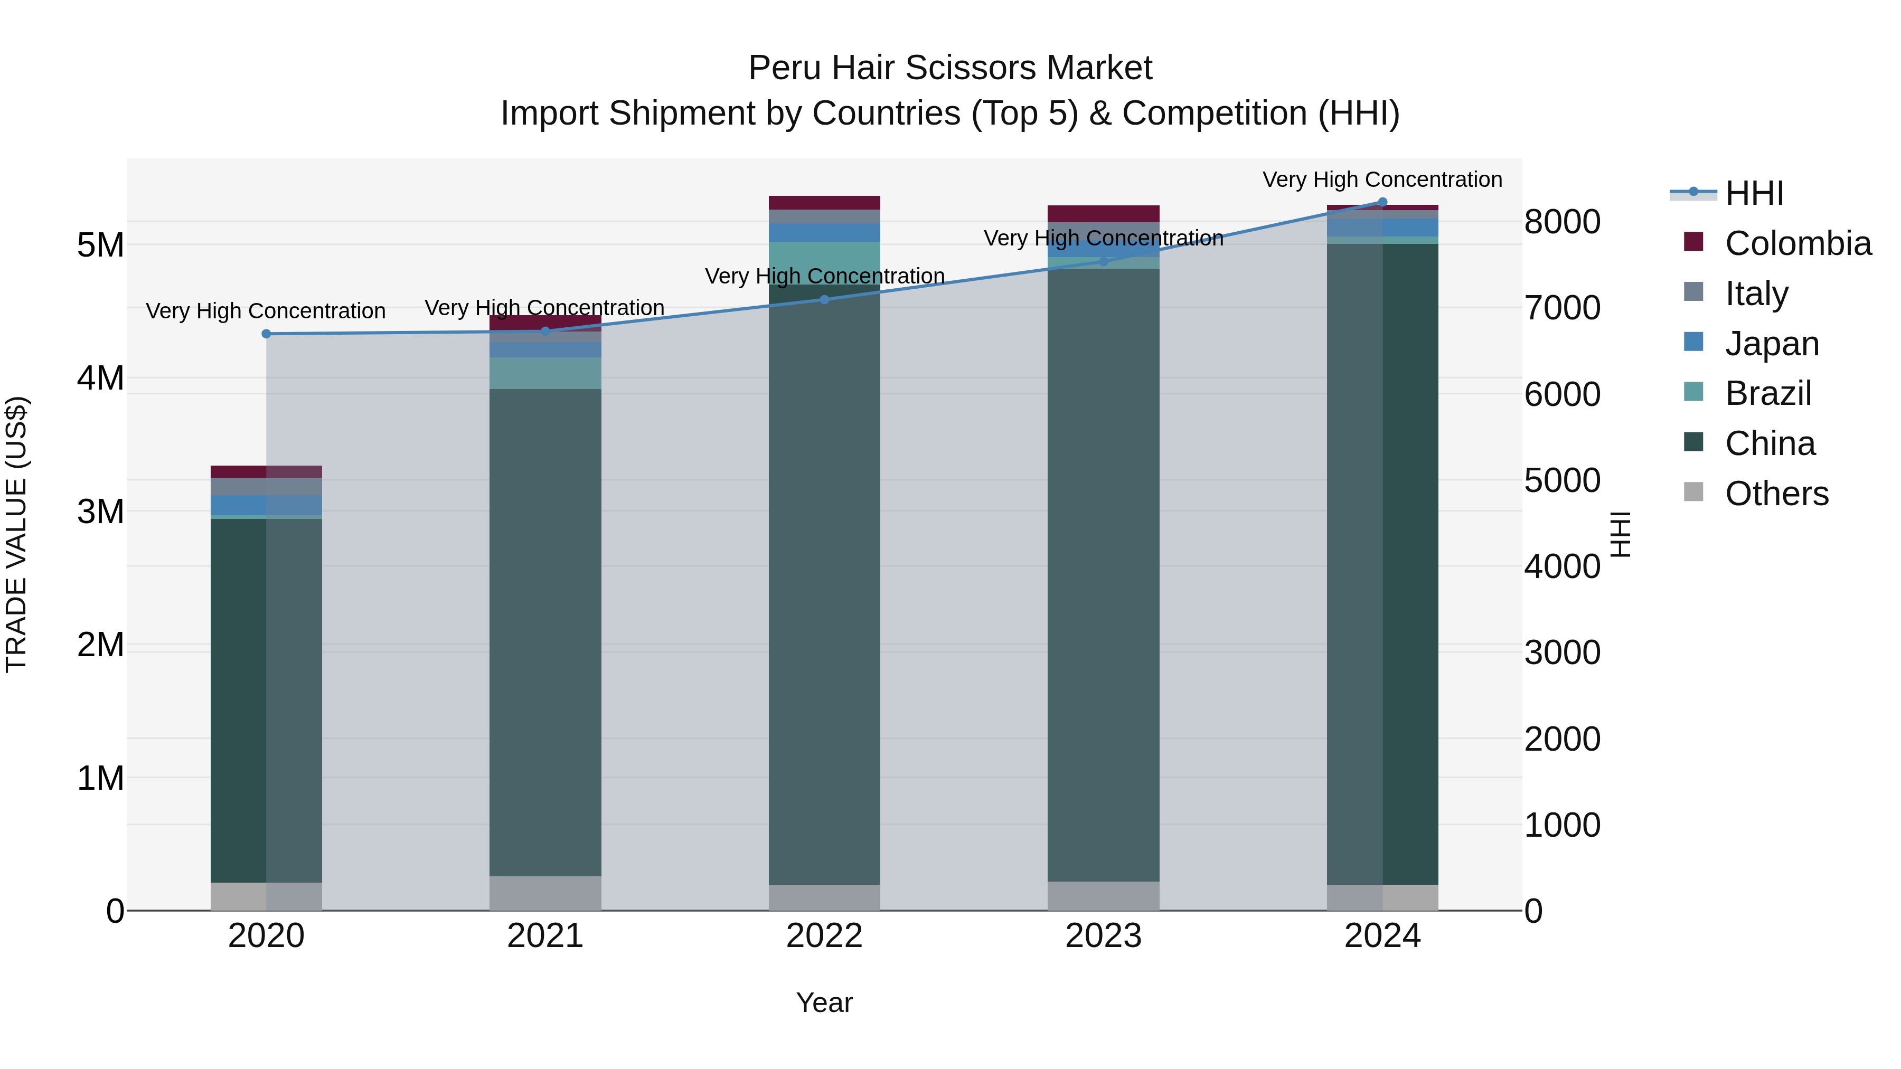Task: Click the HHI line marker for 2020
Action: coord(267,334)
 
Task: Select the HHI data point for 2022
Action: coord(824,299)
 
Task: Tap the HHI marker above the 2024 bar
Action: coord(1382,202)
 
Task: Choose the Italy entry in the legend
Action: coord(1756,294)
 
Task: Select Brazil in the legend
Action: coord(1768,393)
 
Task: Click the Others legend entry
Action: coord(1776,494)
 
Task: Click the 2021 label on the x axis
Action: coord(545,936)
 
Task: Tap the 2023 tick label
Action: coord(1103,936)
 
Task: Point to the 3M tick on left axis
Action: coord(101,511)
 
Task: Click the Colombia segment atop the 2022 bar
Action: coord(824,203)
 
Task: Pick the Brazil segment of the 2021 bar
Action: coord(545,373)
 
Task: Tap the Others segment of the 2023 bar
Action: coord(1103,896)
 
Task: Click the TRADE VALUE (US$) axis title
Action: coord(16,534)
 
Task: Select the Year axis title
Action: coord(824,1002)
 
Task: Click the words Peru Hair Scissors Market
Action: coord(950,69)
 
